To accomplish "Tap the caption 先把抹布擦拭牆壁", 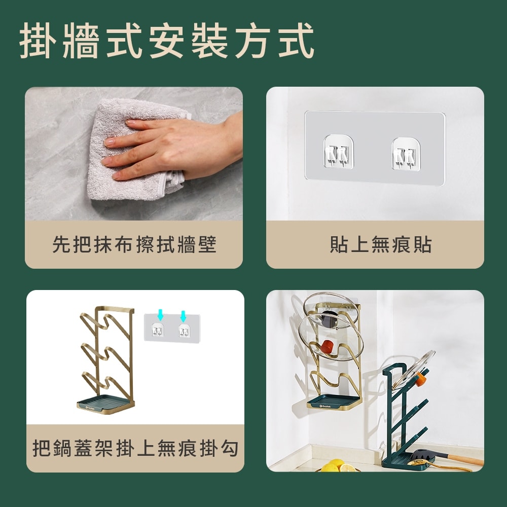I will [x=134, y=244].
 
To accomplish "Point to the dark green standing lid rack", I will [x=401, y=421].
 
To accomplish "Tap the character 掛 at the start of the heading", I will [x=37, y=40].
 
